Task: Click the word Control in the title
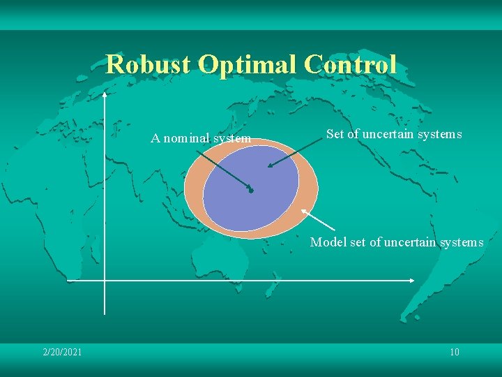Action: [x=351, y=65]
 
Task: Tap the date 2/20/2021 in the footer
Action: [x=62, y=352]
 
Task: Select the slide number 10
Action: [x=454, y=352]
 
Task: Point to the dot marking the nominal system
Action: [x=251, y=191]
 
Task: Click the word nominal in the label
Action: [x=186, y=138]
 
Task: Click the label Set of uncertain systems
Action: [x=393, y=134]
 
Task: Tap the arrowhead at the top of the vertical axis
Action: [x=105, y=94]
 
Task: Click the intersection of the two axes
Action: [x=105, y=281]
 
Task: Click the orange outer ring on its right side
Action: [x=309, y=188]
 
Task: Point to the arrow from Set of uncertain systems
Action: [x=296, y=154]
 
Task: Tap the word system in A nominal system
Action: [x=232, y=138]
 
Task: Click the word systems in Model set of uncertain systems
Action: [x=461, y=242]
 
